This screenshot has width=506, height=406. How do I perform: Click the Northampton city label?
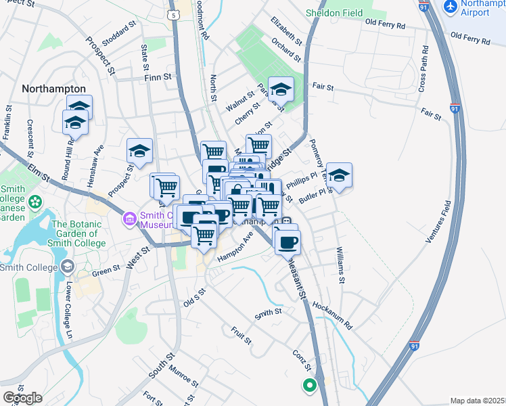(x=53, y=89)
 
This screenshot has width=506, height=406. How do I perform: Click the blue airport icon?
(x=450, y=6)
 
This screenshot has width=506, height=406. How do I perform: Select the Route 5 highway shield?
(x=175, y=14)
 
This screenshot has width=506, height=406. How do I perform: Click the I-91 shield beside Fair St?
(x=455, y=108)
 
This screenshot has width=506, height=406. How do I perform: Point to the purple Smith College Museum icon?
(x=129, y=219)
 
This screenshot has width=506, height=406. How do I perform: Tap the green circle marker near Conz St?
(x=309, y=386)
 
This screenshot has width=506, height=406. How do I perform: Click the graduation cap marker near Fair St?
(x=281, y=89)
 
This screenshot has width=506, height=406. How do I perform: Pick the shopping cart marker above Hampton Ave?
(x=204, y=235)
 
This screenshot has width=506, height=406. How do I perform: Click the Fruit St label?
(x=240, y=335)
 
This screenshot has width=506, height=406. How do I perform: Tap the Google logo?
(x=23, y=397)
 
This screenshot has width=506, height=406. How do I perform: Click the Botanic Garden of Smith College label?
(x=78, y=233)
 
